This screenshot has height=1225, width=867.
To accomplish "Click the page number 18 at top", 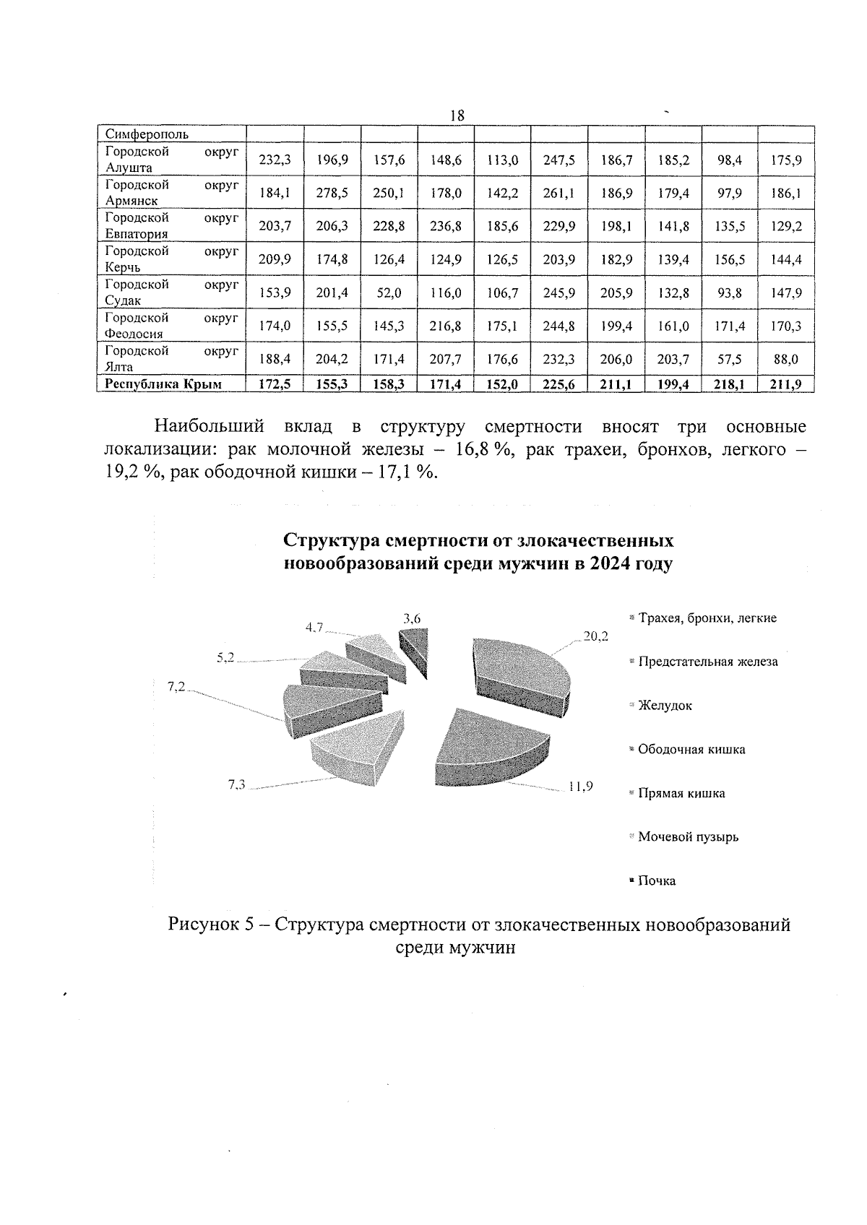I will pos(456,116).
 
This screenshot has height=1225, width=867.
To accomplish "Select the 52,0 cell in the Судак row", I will pos(389,293).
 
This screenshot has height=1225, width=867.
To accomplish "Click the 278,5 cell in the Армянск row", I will pos(332,193).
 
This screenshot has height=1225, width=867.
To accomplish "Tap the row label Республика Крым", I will pos(163,384).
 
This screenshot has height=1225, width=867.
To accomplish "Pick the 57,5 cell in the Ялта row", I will pos(729,359).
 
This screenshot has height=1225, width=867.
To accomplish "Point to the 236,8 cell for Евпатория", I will pos(446,226).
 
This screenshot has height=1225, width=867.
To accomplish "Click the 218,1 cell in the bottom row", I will pos(729,384).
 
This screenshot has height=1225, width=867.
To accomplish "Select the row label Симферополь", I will pos(147,134).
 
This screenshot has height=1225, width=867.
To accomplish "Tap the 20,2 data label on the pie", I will pos(595,636).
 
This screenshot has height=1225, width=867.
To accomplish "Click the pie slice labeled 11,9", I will pos(491,751).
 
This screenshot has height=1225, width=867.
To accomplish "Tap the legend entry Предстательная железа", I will pos(707,662).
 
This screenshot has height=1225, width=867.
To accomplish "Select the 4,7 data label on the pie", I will pos(314,627).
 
